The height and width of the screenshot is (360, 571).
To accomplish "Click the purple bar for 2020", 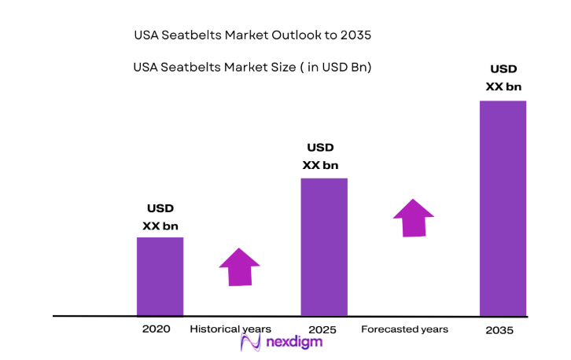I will tap(160, 276).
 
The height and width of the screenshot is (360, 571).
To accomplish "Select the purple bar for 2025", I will tap(323, 246).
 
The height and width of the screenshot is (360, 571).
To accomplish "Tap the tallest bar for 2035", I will tap(503, 208).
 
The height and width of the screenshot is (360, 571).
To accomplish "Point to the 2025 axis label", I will tap(323, 329).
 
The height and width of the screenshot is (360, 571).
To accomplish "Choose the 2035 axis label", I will tap(499, 331).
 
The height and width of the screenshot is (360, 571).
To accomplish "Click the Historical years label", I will tap(230, 329).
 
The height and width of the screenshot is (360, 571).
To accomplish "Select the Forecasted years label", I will tap(404, 329).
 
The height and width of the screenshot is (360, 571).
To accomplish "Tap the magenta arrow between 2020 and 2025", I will tap(239, 266).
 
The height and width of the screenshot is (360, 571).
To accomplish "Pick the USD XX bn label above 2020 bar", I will tap(160, 217).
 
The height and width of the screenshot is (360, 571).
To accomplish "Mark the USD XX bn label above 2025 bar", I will tap(320, 156).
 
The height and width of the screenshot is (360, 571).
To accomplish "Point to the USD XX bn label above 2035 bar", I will tap(503, 77).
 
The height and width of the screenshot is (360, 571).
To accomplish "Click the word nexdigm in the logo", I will tap(293, 342).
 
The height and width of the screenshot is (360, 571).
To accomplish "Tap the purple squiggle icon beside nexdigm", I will tap(251, 342).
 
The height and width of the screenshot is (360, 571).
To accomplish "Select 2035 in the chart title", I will tap(355, 36).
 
